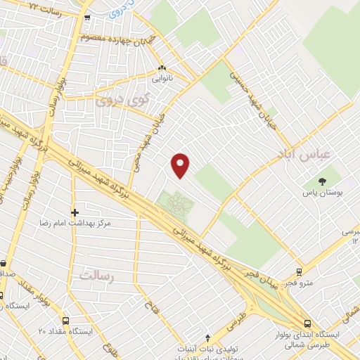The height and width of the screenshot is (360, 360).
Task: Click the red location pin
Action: pyautogui.click(x=181, y=165)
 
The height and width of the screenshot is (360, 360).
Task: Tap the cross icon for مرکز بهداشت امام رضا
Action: pyautogui.click(x=75, y=211)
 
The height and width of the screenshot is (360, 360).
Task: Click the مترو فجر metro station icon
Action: pyautogui.click(x=299, y=271)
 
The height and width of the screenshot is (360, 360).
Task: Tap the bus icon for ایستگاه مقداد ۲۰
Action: pyautogui.click(x=65, y=320)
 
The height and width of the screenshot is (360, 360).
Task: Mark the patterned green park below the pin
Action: pyautogui.click(x=175, y=205)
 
